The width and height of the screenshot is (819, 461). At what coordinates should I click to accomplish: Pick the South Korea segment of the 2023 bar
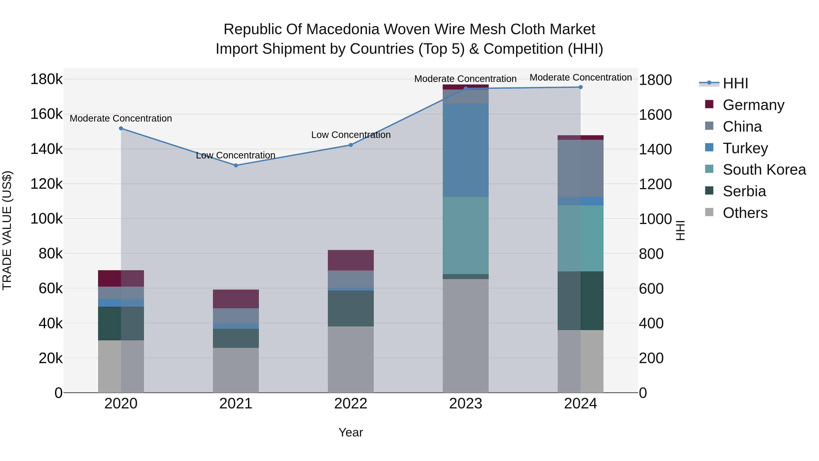[465, 235]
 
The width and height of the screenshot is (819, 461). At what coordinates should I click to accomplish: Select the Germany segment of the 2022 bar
[351, 260]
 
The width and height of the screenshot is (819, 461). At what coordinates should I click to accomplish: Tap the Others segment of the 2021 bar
[236, 370]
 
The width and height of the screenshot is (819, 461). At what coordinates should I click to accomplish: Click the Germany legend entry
[753, 105]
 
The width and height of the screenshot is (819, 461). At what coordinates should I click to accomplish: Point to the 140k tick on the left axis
[46, 149]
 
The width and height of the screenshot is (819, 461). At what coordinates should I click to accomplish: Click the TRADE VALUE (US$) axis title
[7, 230]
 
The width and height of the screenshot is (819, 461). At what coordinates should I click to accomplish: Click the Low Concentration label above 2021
[236, 155]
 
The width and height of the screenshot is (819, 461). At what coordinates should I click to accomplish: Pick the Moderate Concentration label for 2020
[121, 118]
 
